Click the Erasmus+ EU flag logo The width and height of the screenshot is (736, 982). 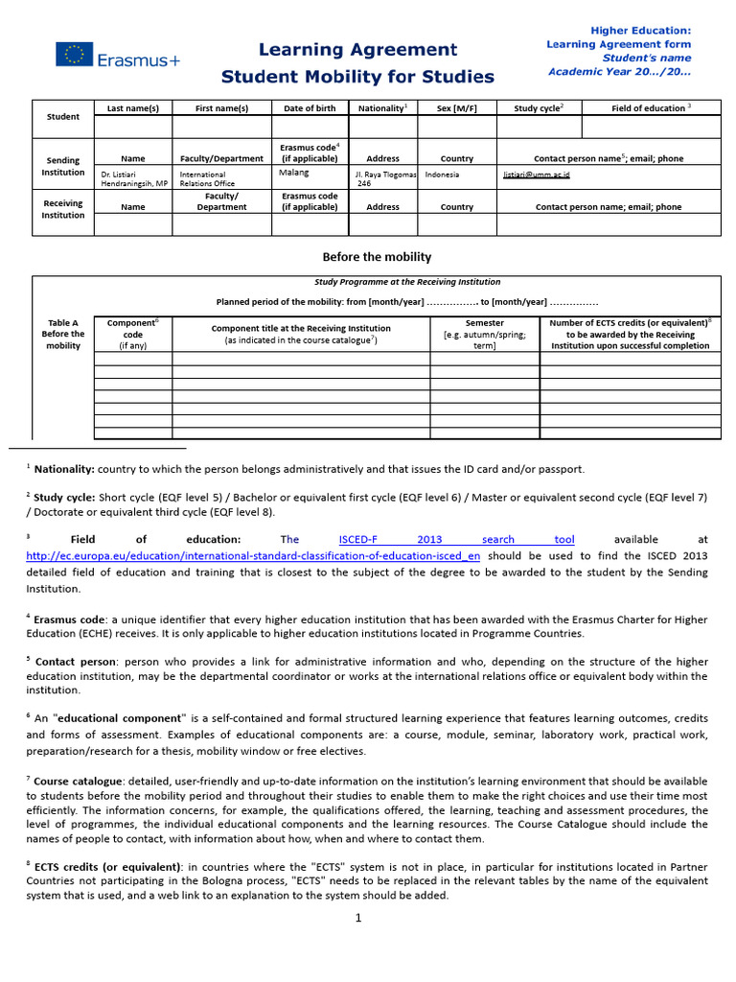(x=74, y=56)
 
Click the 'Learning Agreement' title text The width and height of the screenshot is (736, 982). (x=358, y=50)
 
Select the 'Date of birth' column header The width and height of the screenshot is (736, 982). (x=310, y=108)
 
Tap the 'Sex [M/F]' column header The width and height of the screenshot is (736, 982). (x=457, y=108)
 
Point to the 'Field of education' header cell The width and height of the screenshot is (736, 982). (x=651, y=108)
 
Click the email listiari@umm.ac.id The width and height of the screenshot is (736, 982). (x=537, y=175)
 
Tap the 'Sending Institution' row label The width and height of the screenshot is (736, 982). (x=63, y=166)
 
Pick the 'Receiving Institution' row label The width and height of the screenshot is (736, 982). (x=63, y=209)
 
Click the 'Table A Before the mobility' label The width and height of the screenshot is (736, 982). (x=63, y=334)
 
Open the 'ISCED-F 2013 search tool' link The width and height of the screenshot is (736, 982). (x=456, y=539)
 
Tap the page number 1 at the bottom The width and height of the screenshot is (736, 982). (x=357, y=918)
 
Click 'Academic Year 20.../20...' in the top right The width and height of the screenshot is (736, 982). (x=619, y=71)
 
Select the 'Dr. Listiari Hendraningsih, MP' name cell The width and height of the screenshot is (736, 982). (x=133, y=178)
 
